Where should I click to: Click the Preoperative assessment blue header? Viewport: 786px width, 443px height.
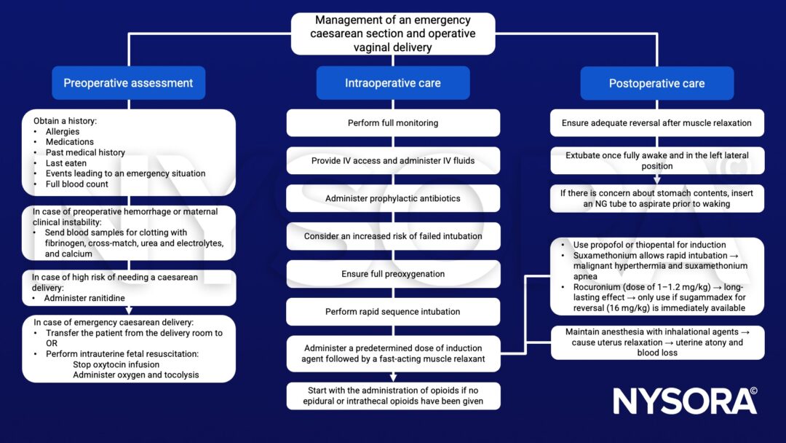tap(128, 83)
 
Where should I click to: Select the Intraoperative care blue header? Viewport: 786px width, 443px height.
tap(392, 83)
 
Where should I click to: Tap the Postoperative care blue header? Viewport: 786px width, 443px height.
tap(656, 83)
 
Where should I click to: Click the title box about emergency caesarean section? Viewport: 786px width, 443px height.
tap(392, 34)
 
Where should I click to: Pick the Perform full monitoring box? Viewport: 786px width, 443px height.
tap(392, 123)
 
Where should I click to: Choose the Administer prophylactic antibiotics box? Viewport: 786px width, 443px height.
tap(392, 198)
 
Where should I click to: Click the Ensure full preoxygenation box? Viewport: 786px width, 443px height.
tap(392, 274)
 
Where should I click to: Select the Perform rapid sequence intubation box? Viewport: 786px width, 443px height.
tap(392, 312)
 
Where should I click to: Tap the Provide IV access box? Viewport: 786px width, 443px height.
tap(392, 161)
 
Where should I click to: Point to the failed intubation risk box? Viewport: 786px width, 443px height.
tap(392, 236)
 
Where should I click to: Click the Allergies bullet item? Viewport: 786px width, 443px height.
tap(63, 132)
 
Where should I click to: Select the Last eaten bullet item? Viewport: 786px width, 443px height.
tap(66, 163)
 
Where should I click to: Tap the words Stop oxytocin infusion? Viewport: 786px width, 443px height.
tap(117, 365)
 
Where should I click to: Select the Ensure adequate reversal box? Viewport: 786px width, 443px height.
tap(656, 123)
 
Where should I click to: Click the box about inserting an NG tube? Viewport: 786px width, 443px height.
tap(656, 198)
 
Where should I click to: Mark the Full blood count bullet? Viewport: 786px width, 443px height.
tap(76, 184)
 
